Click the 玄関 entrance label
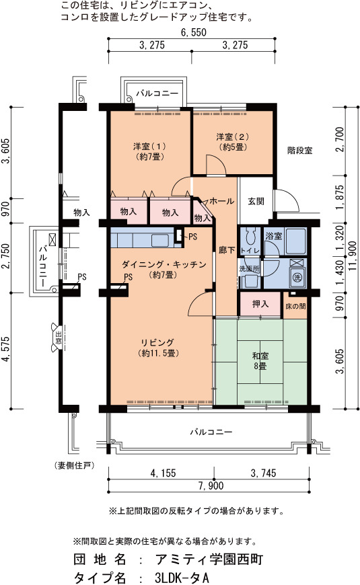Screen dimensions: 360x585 coord(256,201)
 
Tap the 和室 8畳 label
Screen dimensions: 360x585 coord(260,361)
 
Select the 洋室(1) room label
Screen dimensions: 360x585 coord(150,151)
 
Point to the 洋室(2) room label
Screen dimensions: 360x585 coord(233,142)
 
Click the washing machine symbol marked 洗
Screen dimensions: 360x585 coord(297,277)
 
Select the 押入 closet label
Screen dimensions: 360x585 coord(260,304)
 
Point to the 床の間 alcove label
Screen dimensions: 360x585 coord(295,307)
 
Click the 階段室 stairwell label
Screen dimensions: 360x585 coord(300,151)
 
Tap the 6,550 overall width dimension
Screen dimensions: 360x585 coord(193,32)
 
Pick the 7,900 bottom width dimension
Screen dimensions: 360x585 coord(211,485)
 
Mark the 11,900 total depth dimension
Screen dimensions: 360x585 coord(352,257)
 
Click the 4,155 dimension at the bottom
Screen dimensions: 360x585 coord(163,473)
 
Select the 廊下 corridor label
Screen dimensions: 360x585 coord(227,250)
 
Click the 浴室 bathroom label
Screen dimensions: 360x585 coord(274,236)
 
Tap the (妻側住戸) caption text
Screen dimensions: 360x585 coord(74,465)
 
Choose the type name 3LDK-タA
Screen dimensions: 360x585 coord(182,578)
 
